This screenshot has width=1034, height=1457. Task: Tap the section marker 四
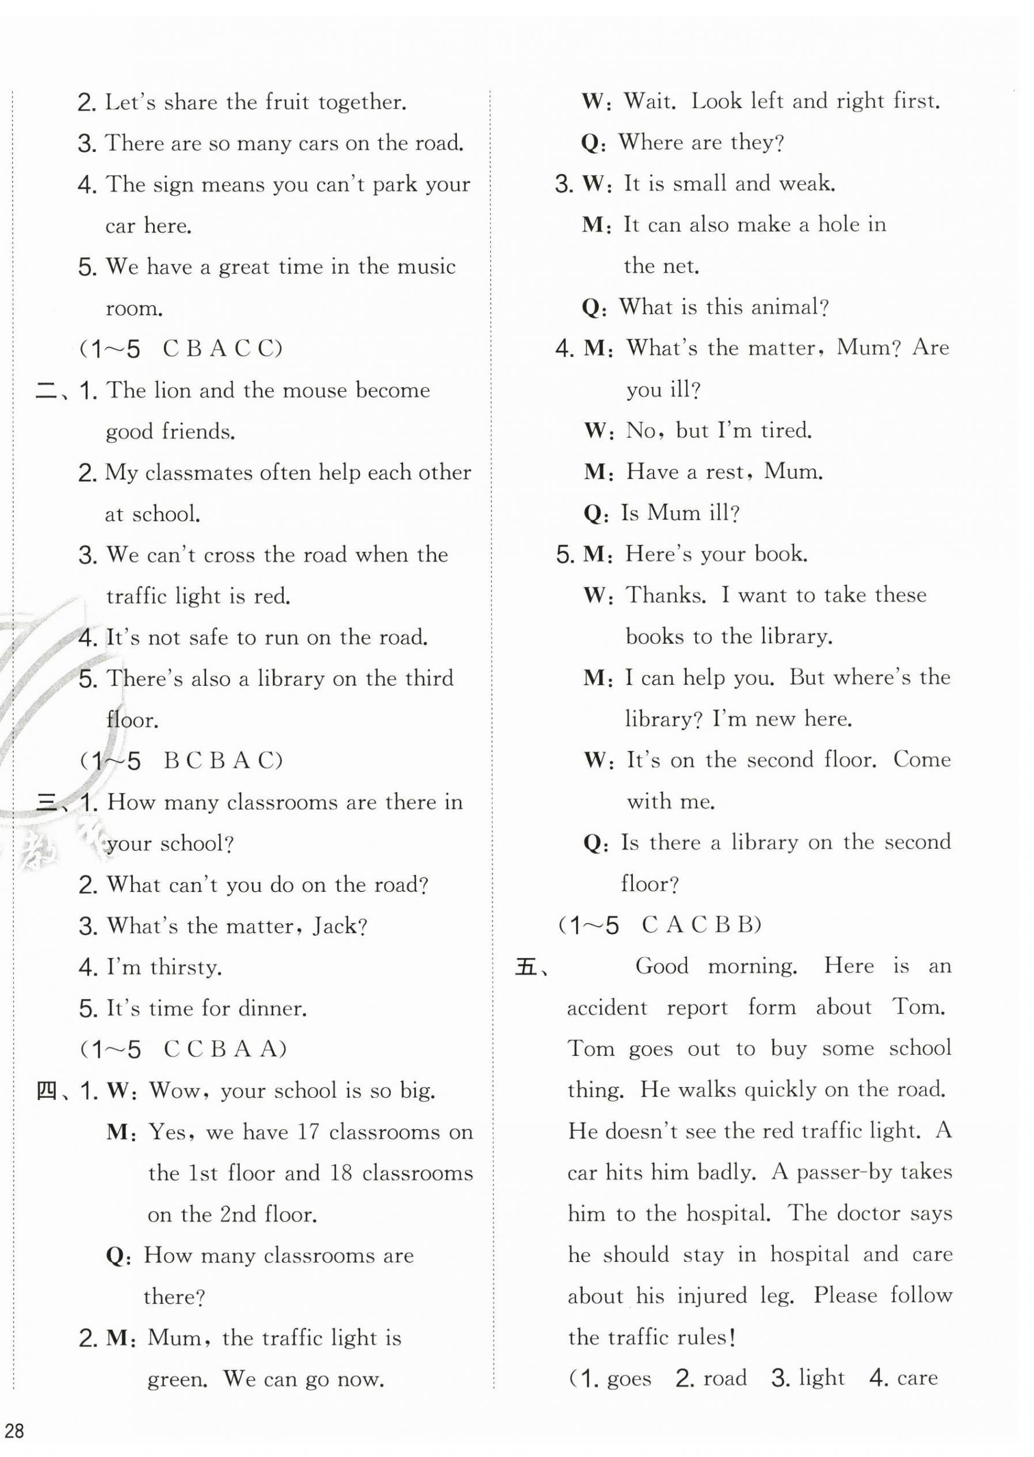[48, 1092]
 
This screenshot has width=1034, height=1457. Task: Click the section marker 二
[47, 390]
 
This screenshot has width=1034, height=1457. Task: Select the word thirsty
[186, 967]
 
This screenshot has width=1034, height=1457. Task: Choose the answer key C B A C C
[221, 349]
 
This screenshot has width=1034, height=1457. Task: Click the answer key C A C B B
[700, 925]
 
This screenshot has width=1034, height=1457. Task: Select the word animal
[787, 308]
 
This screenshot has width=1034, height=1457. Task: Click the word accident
[606, 1008]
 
